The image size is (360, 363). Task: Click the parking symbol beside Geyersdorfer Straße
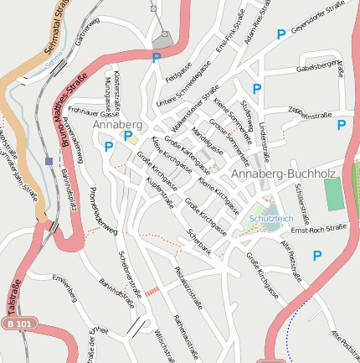[281, 34]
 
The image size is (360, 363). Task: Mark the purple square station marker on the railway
[49, 160]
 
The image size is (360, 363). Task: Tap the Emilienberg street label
[64, 289]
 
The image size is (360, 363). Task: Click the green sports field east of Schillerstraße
[334, 194]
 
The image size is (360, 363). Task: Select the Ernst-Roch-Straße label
[318, 228]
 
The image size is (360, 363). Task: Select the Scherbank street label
[200, 241]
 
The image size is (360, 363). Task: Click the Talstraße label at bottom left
[13, 288]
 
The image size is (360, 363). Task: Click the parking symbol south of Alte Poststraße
[317, 256]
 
